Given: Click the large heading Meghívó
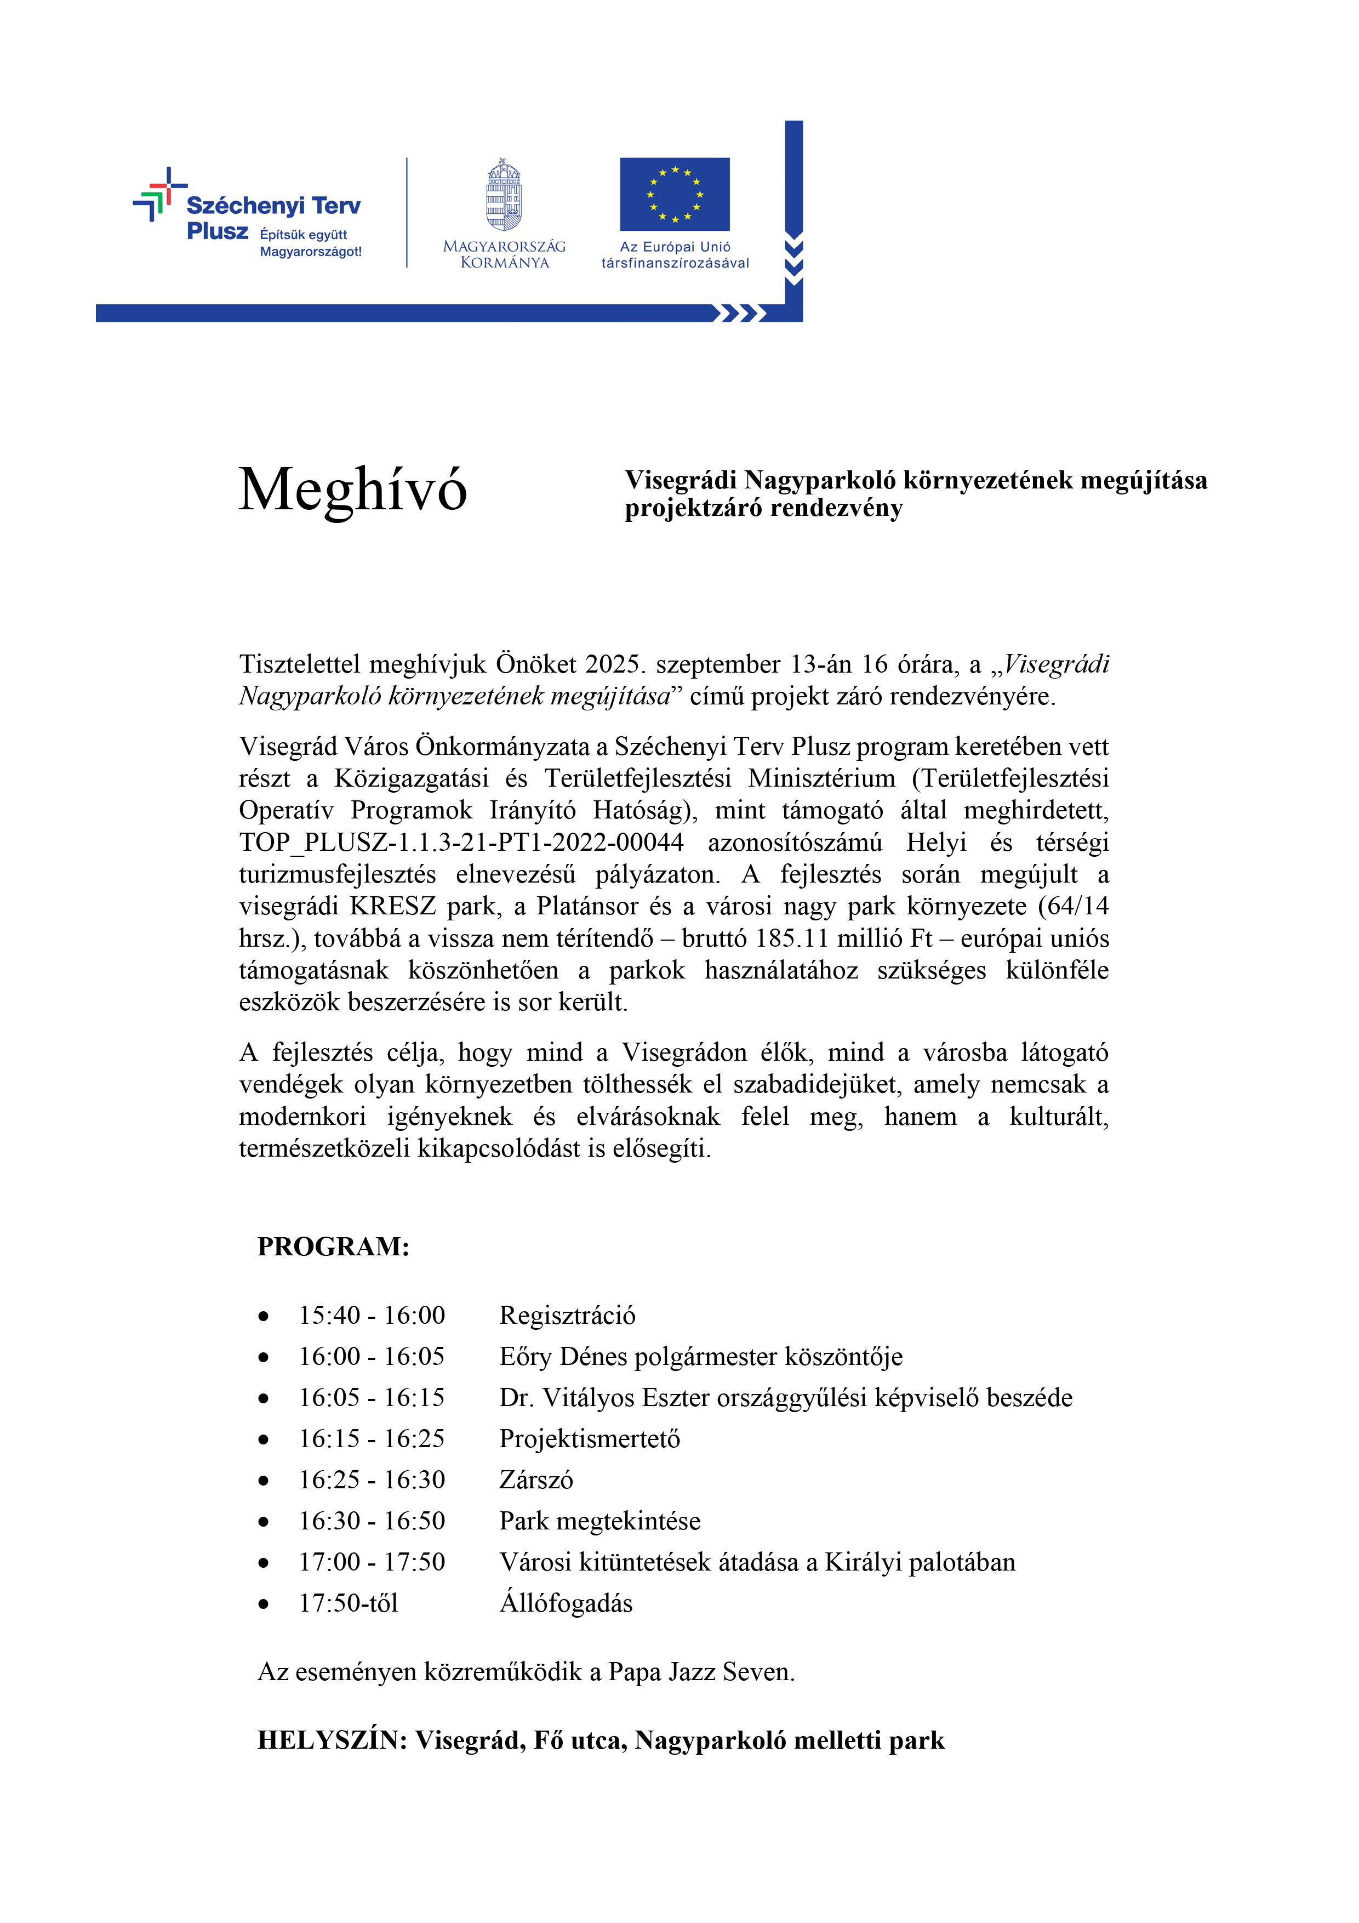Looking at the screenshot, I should pyautogui.click(x=352, y=490).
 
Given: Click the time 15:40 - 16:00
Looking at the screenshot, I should pyautogui.click(x=372, y=1316).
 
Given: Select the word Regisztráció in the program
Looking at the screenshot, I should pyautogui.click(x=567, y=1316).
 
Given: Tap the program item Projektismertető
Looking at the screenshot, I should pyautogui.click(x=590, y=1439).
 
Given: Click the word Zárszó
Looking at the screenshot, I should pyautogui.click(x=536, y=1480).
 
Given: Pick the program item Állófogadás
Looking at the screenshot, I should pyautogui.click(x=566, y=1603).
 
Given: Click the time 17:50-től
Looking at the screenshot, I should pyautogui.click(x=349, y=1603).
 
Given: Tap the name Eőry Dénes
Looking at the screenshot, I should pyautogui.click(x=563, y=1357).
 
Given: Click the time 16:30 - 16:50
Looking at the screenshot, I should pyautogui.click(x=372, y=1521).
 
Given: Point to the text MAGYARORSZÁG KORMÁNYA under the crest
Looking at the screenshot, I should pyautogui.click(x=504, y=254).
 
